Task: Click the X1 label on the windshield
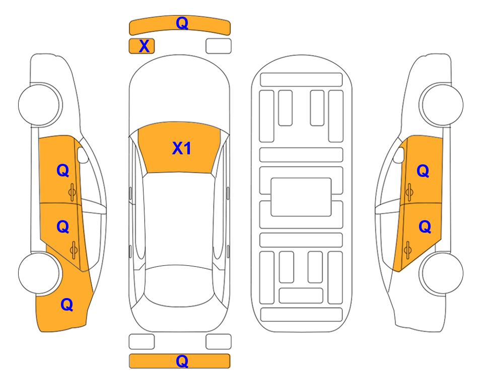(182, 148)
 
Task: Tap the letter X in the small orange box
(144, 46)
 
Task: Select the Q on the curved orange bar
(182, 23)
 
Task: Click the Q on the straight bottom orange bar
(182, 361)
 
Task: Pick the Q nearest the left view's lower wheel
(67, 305)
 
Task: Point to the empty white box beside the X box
(219, 46)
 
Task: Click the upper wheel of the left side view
(39, 105)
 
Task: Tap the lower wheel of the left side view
(39, 273)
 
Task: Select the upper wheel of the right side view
(442, 105)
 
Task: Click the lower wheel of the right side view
(442, 273)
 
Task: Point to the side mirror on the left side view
(82, 155)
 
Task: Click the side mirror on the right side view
(399, 155)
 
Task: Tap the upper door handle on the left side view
(73, 192)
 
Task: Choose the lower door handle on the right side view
(407, 250)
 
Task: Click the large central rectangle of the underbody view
(301, 197)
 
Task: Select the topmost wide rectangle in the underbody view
(301, 80)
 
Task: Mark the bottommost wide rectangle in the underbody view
(302, 315)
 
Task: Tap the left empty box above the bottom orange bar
(142, 342)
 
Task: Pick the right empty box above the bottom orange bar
(219, 342)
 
